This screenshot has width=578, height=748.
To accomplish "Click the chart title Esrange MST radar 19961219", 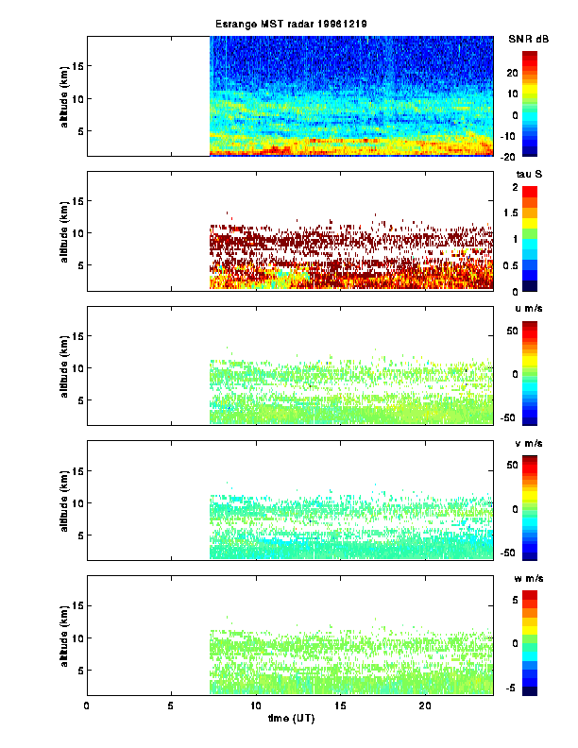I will pyautogui.click(x=291, y=24).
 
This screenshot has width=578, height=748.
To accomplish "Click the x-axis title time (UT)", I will pyautogui.click(x=290, y=720).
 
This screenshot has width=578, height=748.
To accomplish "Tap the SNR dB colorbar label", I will pyautogui.click(x=528, y=39).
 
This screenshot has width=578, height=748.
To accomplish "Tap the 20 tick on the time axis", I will pyautogui.click(x=425, y=705).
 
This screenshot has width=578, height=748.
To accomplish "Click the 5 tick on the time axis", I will pyautogui.click(x=171, y=705).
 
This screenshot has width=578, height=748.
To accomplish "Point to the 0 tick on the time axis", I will pyautogui.click(x=87, y=705).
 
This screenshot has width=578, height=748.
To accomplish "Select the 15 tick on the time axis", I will pyautogui.click(x=340, y=705).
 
